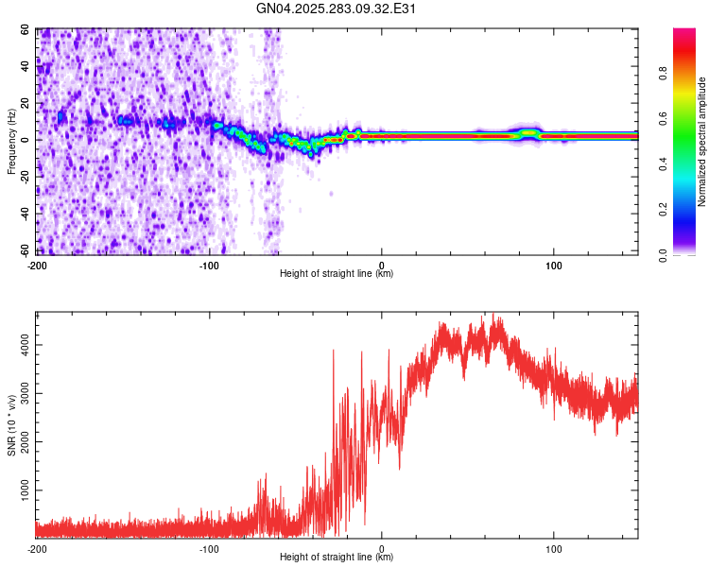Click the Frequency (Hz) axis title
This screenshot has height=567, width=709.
[x=11, y=142]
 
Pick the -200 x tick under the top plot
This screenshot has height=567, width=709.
[x=37, y=264]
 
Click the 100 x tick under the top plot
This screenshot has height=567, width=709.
[x=553, y=264]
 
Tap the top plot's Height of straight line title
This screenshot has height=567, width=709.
[x=337, y=274]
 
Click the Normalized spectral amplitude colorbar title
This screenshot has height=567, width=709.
[x=702, y=142]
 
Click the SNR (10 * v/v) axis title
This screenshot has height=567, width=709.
[x=11, y=425]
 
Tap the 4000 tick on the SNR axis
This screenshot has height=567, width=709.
[x=21, y=346]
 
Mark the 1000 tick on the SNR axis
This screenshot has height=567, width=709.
[x=21, y=491]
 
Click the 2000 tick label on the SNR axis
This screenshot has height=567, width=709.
[x=21, y=443]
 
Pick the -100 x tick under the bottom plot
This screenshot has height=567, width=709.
[x=209, y=548]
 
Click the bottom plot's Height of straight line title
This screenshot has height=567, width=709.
[x=337, y=558]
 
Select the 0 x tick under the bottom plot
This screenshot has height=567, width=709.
[x=382, y=548]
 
